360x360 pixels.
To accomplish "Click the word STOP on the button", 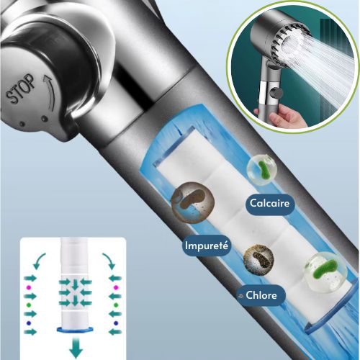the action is pos(20,89).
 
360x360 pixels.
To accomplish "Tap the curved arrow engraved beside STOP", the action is pos(50,91).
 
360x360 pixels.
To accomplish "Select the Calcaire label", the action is pos(270,204).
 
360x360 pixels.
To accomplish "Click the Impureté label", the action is pos(207,246).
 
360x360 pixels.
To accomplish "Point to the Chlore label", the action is pos(261,295).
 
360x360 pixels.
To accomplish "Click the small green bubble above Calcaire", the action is pos(261,170).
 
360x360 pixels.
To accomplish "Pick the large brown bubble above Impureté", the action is pos(192,203).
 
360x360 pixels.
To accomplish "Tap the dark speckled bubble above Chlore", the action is pos(258,259).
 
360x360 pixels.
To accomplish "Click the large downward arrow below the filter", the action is pos(76,347).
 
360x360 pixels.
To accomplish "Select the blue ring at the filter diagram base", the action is pos(75,329).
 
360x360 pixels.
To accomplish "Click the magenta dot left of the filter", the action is pos(29,287).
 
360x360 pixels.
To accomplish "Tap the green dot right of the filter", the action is pos(116,305).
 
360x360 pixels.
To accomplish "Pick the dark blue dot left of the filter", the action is pos(29,323).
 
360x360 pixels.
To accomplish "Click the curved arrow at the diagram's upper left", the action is pos(37,260).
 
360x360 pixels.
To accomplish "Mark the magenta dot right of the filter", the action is pos(116,287).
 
